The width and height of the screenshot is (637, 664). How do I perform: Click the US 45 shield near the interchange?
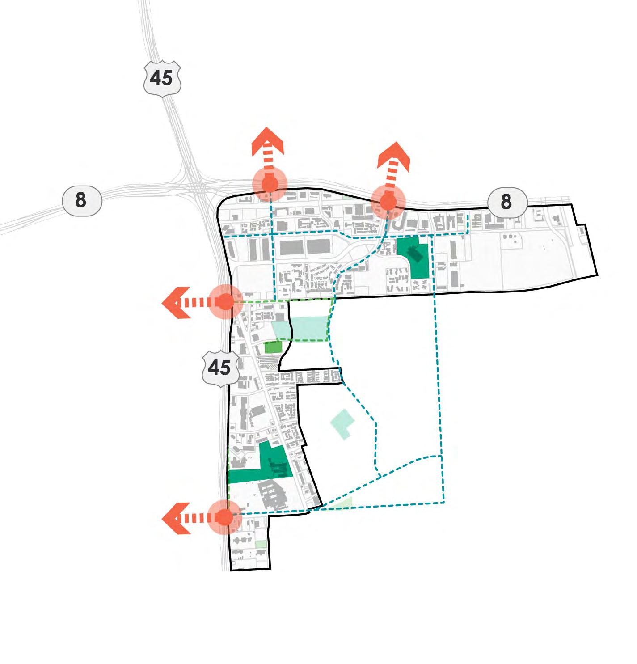click(x=162, y=78)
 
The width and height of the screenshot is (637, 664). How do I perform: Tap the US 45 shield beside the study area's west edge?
click(x=219, y=368)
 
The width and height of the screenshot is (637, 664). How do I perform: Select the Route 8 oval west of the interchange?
click(x=81, y=200)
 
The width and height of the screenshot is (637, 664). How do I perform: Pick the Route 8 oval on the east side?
click(x=506, y=202)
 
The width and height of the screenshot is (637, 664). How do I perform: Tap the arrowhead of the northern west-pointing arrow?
click(x=174, y=303)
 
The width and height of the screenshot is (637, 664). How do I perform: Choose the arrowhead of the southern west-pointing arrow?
click(x=174, y=518)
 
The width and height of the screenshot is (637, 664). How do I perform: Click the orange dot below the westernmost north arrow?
click(x=269, y=184)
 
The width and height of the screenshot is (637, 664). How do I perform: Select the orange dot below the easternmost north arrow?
click(x=388, y=203)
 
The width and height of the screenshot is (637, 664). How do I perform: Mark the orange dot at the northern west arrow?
click(x=226, y=302)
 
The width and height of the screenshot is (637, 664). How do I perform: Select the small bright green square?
click(x=272, y=347)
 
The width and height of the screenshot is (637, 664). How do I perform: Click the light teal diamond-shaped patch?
click(x=342, y=423)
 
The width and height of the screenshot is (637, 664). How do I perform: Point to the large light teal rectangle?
click(x=309, y=328)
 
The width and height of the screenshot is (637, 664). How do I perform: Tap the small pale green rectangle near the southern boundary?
click(x=261, y=544)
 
